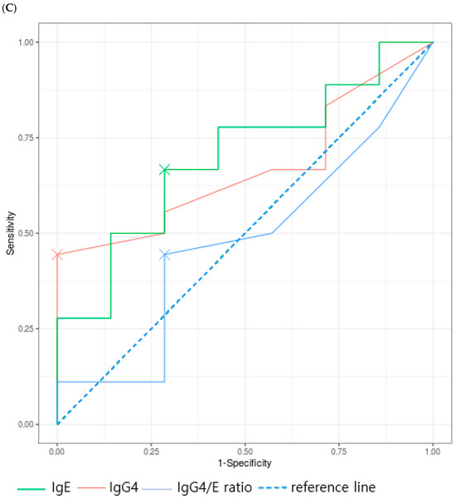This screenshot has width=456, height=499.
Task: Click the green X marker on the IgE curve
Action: click(164, 170)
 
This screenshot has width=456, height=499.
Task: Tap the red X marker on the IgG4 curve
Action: click(57, 254)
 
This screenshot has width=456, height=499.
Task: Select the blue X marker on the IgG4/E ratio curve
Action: click(164, 254)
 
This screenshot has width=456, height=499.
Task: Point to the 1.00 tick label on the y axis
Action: click(26, 42)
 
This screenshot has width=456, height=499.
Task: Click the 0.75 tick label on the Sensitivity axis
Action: click(26, 138)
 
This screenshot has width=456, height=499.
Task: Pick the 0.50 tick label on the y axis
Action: click(26, 233)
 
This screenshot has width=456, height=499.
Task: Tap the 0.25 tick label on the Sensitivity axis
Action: click(26, 329)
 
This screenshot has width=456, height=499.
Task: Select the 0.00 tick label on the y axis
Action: click(26, 424)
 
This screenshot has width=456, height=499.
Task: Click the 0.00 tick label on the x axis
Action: click(57, 452)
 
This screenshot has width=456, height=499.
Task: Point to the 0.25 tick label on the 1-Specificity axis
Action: click(151, 452)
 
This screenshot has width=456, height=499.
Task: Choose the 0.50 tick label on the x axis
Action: click(245, 452)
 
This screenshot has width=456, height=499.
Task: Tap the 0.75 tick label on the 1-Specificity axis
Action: click(339, 452)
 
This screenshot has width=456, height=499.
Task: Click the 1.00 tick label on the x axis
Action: click(433, 452)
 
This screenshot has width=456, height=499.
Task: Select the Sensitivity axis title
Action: click(11, 233)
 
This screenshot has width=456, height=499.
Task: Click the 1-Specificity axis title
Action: click(245, 463)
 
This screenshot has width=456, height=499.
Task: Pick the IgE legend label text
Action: click(61, 487)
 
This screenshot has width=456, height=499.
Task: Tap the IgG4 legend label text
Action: click(124, 487)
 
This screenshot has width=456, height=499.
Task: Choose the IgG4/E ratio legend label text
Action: click(215, 487)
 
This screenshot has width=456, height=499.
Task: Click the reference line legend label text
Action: click(333, 487)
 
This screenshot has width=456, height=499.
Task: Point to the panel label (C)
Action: click(9, 8)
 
